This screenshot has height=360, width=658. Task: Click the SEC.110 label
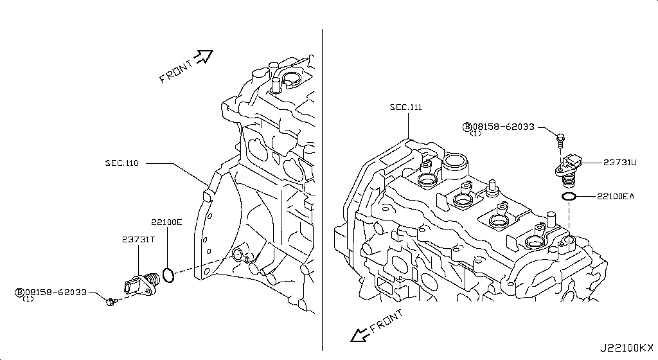[x=122, y=163]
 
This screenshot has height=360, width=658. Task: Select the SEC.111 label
[x=405, y=107]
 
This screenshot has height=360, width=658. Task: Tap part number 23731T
[x=138, y=240]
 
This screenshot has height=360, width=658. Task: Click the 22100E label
[x=166, y=222]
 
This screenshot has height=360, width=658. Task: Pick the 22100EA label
[x=615, y=197]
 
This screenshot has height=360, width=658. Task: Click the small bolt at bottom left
[x=111, y=301]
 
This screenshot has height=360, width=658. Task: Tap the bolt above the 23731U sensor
[x=561, y=137]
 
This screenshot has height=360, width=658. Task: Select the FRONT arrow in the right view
[x=355, y=334]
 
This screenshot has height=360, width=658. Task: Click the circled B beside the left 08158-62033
[x=19, y=292]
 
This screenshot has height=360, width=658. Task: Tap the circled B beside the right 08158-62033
[x=467, y=127]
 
